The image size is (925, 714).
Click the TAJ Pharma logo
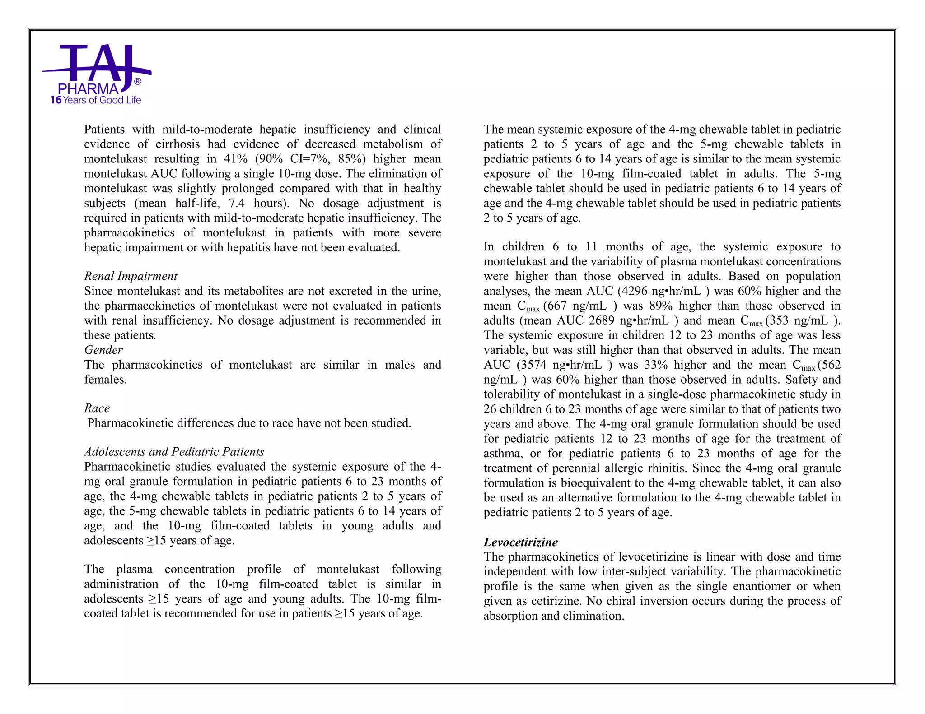coord(97,68)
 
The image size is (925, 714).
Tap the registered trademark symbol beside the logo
coord(138,82)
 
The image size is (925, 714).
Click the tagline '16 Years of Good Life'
coord(96,100)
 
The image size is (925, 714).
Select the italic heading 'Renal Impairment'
coord(131,276)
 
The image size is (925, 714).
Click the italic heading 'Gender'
coord(103,350)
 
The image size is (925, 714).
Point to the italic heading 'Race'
coord(97,408)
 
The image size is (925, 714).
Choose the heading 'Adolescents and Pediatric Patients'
coord(174,452)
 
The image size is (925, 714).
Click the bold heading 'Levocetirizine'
coord(520,542)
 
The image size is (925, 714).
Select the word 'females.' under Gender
coord(106,380)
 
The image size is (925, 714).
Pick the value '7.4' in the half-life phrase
coord(237,204)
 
